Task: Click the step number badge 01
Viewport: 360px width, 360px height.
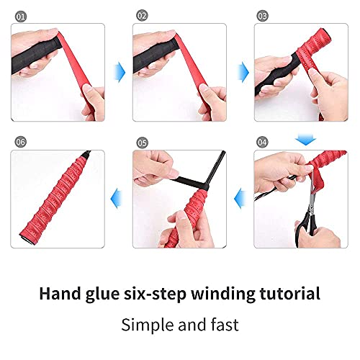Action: (x=19, y=15)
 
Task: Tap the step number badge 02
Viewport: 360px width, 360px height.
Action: (x=142, y=15)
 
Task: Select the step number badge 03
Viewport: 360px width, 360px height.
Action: (x=264, y=15)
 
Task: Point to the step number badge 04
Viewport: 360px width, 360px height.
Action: (x=263, y=142)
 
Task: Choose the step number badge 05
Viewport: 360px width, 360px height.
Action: (x=142, y=142)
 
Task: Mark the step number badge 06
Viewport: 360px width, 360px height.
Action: (x=19, y=142)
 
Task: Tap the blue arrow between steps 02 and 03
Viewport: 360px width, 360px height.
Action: (x=243, y=70)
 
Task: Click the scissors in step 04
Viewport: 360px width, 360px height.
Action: (x=306, y=209)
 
